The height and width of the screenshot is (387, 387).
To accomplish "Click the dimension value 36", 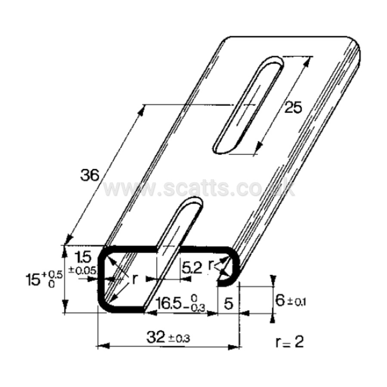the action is point(90,175).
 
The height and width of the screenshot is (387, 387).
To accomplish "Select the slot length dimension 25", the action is point(293,108).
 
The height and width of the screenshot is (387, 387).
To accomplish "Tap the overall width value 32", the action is point(155,337).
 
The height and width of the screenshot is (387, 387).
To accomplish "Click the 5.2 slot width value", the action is point(192,268).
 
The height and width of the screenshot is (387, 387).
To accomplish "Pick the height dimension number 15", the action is point(34,280).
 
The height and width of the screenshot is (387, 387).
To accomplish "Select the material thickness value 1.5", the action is point(84,257).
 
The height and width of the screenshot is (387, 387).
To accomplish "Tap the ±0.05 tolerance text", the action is point(82,271).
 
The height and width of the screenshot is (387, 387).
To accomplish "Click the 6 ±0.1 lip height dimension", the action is point(290,300).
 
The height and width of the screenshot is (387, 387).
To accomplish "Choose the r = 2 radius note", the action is point(289,342).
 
